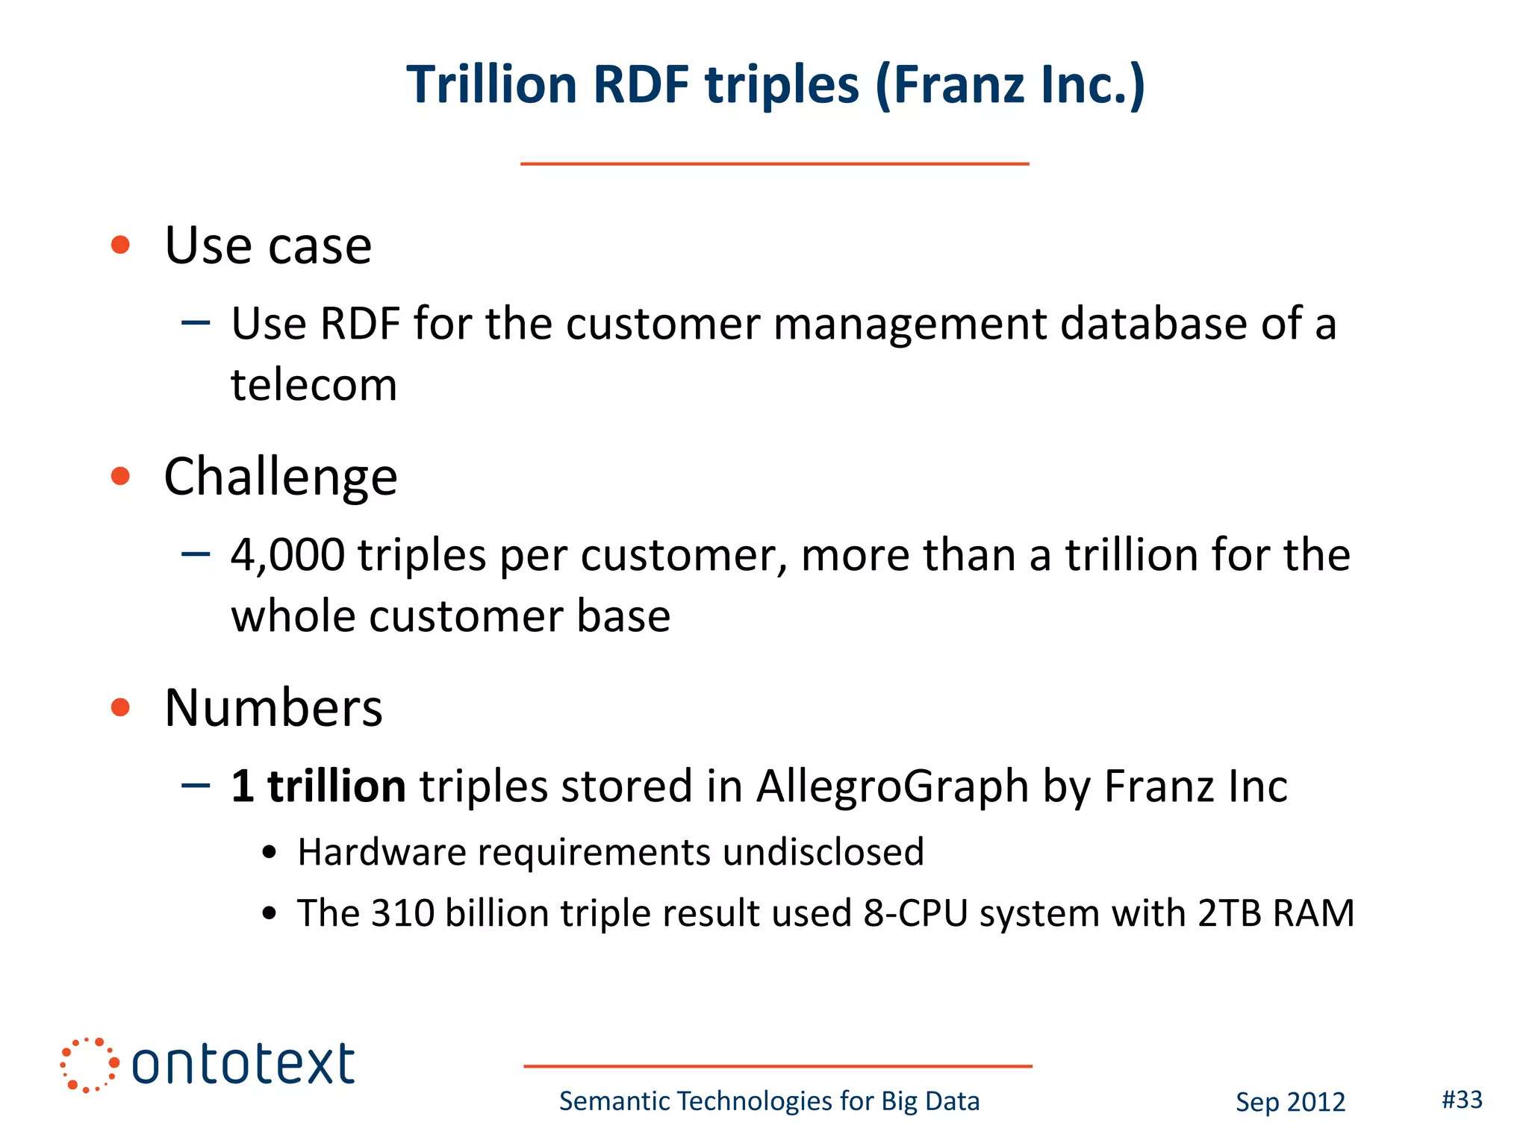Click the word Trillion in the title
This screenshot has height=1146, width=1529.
[492, 84]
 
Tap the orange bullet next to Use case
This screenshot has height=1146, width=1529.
[120, 245]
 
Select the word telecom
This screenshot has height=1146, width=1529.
[314, 385]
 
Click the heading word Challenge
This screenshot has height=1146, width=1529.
[281, 477]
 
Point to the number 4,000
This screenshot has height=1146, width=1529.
[287, 556]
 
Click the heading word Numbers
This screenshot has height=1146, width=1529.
[273, 707]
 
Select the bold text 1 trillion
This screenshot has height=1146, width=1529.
[318, 786]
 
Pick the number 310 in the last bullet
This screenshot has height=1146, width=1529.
[402, 913]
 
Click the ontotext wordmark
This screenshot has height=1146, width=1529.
[243, 1065]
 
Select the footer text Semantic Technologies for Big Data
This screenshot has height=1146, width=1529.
[769, 1101]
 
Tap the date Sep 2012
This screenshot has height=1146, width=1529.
[1289, 1102]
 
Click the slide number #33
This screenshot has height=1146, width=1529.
[1461, 1100]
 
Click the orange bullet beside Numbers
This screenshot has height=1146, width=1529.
[120, 707]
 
